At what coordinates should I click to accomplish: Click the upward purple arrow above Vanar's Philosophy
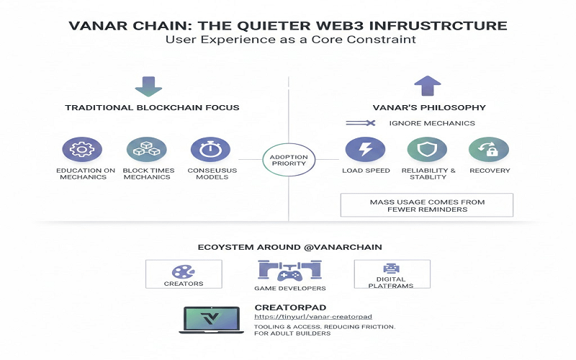pyautogui.click(x=427, y=85)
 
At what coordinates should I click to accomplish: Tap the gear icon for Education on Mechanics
pyautogui.click(x=77, y=150)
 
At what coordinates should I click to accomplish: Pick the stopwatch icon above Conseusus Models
pyautogui.click(x=205, y=150)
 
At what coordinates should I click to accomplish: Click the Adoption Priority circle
pyautogui.click(x=289, y=159)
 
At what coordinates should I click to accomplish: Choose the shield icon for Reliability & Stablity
pyautogui.click(x=427, y=150)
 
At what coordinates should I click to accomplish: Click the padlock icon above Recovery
pyautogui.click(x=489, y=150)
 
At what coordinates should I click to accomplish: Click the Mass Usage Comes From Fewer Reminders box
pyautogui.click(x=427, y=204)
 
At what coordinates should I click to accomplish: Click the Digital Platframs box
pyautogui.click(x=392, y=274)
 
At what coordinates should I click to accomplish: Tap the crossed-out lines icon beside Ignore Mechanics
pyautogui.click(x=361, y=123)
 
